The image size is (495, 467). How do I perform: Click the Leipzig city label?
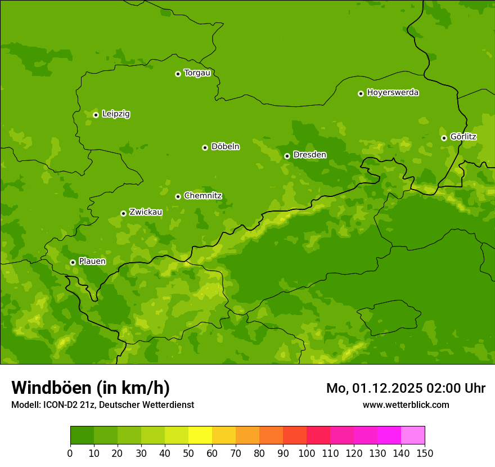[116, 114]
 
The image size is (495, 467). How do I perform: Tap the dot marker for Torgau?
[178, 74]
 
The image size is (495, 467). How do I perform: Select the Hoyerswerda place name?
[393, 93]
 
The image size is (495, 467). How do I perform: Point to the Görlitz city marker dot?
[444, 138]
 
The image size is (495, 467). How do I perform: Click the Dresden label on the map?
[309, 155]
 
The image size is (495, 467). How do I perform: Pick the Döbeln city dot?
[205, 147]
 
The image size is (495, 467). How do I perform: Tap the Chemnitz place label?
[202, 196]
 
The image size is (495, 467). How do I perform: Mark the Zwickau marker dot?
[123, 213]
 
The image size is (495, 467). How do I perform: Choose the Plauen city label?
[92, 262]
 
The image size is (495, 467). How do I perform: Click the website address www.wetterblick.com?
[406, 405]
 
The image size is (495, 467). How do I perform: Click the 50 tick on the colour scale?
[188, 452]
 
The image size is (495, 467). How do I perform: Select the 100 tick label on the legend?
[307, 452]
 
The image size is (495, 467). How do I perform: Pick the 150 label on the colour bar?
[425, 452]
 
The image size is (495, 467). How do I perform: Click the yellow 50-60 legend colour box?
[200, 435]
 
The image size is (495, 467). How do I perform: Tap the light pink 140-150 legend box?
[413, 435]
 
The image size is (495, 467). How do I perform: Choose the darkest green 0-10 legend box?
[82, 435]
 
